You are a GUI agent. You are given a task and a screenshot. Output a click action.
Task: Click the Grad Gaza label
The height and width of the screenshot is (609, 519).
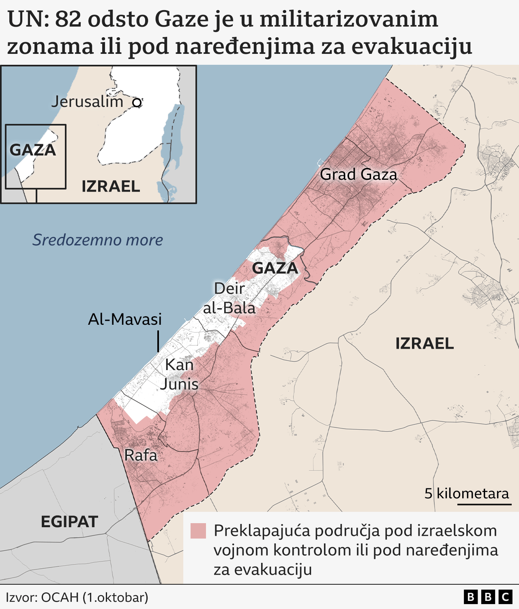coord(358,175)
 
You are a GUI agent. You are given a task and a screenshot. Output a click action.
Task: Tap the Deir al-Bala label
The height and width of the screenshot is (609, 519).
coord(229,298)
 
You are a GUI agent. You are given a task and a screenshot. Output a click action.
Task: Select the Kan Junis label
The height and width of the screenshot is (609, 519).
coord(179,374)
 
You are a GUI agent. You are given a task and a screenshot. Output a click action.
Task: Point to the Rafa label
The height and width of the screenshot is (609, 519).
coord(141,455)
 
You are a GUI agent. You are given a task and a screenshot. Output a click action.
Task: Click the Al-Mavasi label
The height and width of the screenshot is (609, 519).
coord(125,319)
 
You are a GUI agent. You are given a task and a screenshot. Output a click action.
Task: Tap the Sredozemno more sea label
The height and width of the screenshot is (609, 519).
coord(98,240)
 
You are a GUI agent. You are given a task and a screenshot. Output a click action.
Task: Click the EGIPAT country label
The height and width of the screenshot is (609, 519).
coord(69,522)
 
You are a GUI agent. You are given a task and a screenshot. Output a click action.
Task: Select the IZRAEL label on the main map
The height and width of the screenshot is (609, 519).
coord(425,343)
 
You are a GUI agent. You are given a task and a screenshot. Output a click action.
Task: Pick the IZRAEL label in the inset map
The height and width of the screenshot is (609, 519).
coord(111,186)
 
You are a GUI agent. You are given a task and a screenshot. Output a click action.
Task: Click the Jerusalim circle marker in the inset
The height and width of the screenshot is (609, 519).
coord(137,103)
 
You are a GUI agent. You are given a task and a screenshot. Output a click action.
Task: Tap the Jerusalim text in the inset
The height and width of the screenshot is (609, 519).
coord(87,102)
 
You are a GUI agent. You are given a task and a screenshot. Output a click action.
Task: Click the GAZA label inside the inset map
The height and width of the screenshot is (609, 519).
coord(33,150)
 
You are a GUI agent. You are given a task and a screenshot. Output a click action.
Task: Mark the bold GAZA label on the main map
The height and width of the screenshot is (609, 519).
coord(275,268)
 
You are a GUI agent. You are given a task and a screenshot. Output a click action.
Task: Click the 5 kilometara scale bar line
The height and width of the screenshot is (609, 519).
coord(485,504)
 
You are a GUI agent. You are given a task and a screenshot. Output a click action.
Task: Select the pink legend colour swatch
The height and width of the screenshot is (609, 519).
coord(198,531)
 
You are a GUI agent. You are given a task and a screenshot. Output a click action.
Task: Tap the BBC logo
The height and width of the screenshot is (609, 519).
coord(488,597)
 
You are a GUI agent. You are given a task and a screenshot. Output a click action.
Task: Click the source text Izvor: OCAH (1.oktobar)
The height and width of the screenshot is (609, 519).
coord(77,597)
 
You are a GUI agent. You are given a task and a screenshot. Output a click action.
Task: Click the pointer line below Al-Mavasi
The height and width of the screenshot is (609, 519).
coord(158,341)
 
